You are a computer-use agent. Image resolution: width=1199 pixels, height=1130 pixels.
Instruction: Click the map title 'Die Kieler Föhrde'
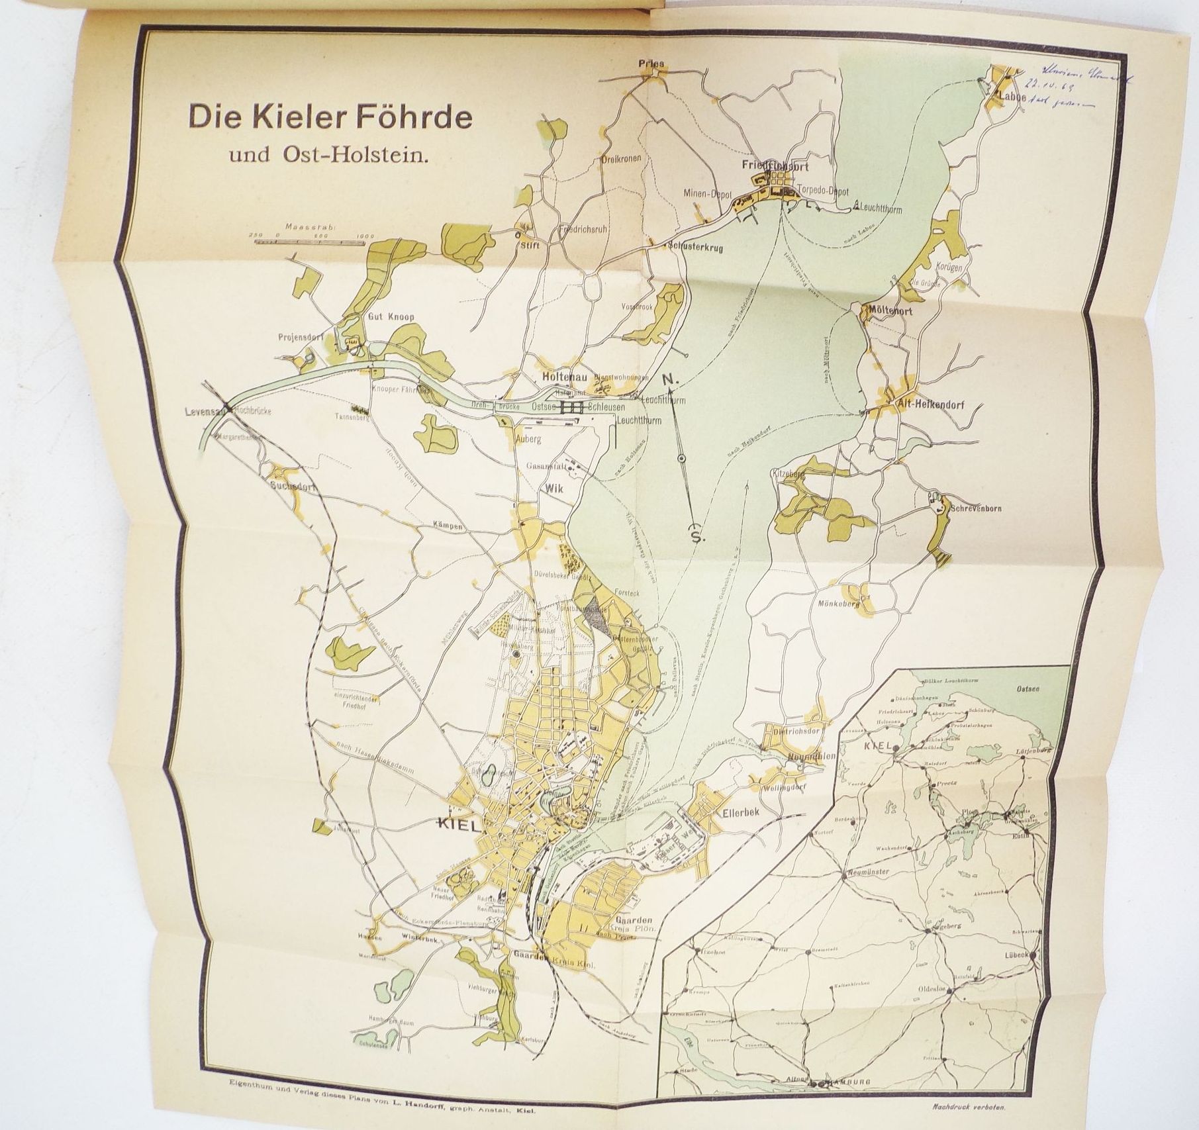(x=329, y=117)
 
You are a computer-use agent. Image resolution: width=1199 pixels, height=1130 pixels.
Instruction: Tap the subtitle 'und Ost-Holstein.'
(x=329, y=157)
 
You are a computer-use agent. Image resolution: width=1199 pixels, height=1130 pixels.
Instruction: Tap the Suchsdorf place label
(x=293, y=485)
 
